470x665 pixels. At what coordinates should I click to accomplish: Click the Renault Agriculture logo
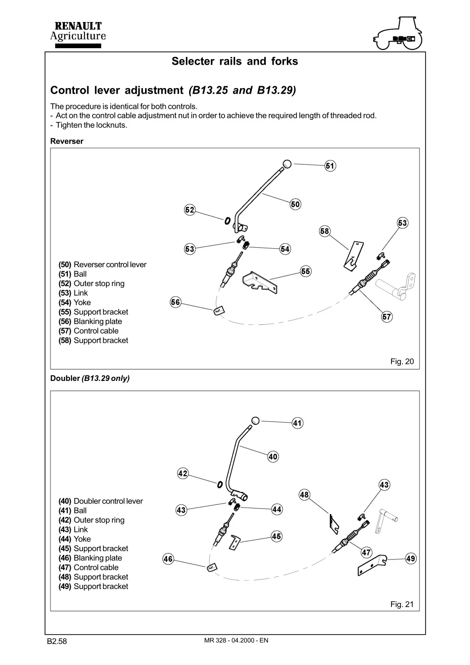78,34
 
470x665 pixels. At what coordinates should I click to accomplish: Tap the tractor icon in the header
398,33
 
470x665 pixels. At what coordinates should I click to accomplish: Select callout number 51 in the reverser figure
330,166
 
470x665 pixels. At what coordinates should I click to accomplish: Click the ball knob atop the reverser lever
287,163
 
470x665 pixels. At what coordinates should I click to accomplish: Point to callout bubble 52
190,210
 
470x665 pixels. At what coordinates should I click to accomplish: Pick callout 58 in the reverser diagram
325,231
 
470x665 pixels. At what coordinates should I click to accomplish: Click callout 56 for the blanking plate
175,302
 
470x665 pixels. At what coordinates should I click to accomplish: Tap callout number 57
386,317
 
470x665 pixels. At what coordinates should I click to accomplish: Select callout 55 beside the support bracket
306,271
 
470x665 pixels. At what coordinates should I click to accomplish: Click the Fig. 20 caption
402,361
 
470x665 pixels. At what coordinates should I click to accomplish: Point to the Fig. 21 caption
402,604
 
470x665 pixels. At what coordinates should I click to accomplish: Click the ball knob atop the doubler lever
255,421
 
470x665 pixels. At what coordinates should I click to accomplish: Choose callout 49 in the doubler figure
411,559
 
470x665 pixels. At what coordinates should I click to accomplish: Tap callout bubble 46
168,559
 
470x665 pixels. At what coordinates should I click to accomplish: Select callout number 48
304,495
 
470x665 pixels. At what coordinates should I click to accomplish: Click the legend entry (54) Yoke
74,302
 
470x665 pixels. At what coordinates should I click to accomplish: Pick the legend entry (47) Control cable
89,567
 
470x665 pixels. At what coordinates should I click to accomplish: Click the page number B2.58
57,641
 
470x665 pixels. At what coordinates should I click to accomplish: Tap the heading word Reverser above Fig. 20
67,141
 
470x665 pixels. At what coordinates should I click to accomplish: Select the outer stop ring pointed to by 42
220,485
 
